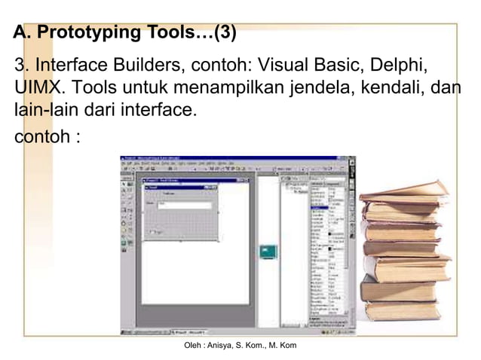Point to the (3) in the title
225,33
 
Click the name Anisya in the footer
230,345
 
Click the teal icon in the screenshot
267,252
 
